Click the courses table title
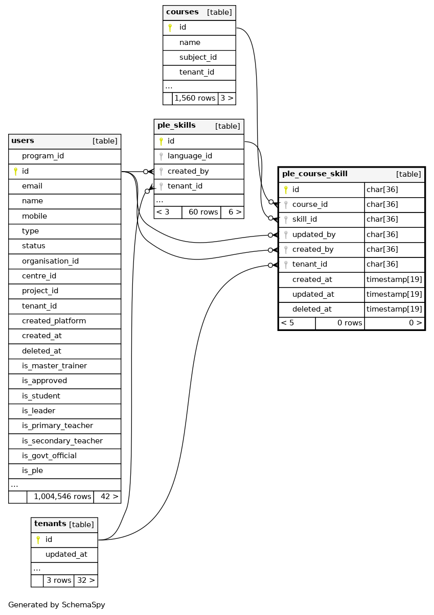[x=182, y=12]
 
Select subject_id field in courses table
[x=198, y=57]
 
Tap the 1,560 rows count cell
[x=195, y=98]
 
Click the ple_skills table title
[x=176, y=126]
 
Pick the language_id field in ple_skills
[x=190, y=156]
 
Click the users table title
[x=23, y=141]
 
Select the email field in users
[x=32, y=186]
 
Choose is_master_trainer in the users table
[x=54, y=366]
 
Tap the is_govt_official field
[x=49, y=456]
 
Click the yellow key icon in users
[x=16, y=171]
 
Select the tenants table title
[x=50, y=524]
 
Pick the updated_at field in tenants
[x=66, y=554]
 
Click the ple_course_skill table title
[x=315, y=174]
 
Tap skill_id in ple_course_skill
[x=305, y=219]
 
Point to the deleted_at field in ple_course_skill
[x=312, y=309]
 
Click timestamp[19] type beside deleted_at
[x=394, y=309]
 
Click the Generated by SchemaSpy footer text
[x=57, y=605]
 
